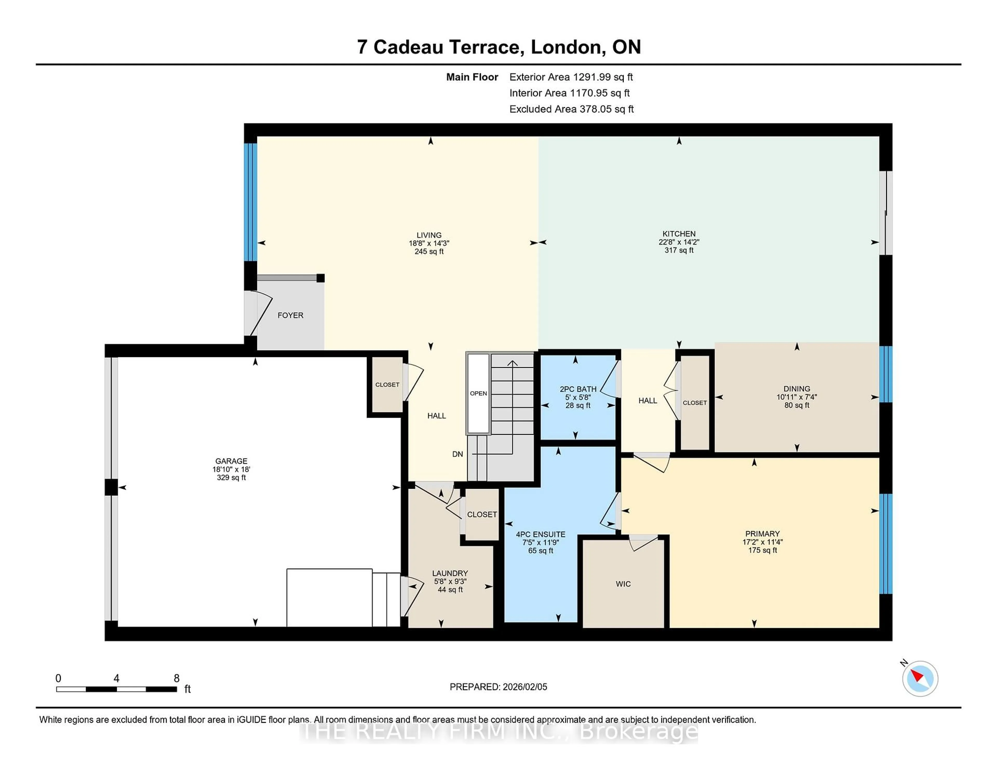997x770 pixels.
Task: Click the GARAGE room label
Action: (231, 461)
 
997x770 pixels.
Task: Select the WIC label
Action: (623, 584)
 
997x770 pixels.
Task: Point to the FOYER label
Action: (290, 315)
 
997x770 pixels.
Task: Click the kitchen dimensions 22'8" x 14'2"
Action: (679, 242)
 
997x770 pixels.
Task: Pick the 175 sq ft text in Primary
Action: (762, 550)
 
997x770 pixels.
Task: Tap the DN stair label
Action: (457, 454)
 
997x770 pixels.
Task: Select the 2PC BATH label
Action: (578, 389)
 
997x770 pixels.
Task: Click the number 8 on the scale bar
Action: (177, 678)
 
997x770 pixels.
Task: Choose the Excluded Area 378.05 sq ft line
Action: (571, 109)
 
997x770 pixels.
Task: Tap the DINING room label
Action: (797, 389)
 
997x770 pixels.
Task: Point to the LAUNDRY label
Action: (450, 573)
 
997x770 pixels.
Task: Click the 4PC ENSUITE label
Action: (541, 534)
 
